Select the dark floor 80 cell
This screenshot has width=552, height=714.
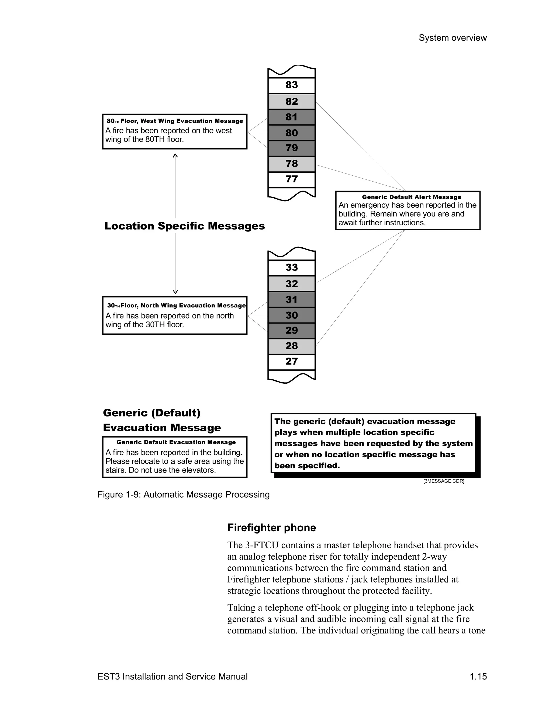click(x=291, y=133)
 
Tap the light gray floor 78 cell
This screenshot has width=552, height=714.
click(x=291, y=164)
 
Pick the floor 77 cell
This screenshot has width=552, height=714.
click(x=291, y=179)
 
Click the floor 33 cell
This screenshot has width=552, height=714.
click(x=291, y=268)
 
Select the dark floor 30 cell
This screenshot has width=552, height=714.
click(x=291, y=316)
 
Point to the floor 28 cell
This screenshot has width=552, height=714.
click(x=291, y=346)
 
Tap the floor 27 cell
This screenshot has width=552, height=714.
click(x=291, y=362)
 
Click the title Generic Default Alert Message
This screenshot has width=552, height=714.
click(x=411, y=197)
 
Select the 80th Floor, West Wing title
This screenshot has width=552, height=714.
click(x=175, y=121)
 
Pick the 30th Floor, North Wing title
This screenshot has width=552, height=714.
click(x=176, y=306)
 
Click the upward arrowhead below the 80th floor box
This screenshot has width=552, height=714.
click(x=175, y=156)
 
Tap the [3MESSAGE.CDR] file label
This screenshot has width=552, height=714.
click(x=443, y=481)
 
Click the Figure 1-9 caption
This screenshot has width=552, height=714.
click(x=184, y=495)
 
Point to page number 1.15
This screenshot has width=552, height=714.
click(x=478, y=676)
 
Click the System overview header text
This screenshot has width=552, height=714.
click(x=453, y=38)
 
